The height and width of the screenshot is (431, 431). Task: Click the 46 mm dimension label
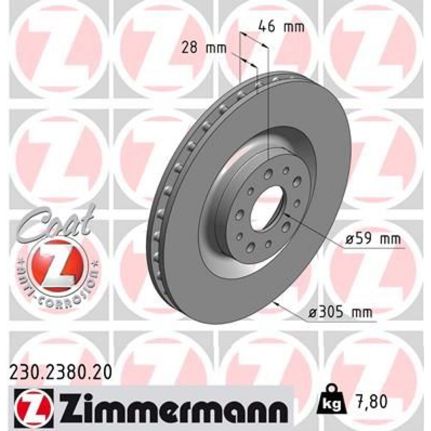pos(281,27)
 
